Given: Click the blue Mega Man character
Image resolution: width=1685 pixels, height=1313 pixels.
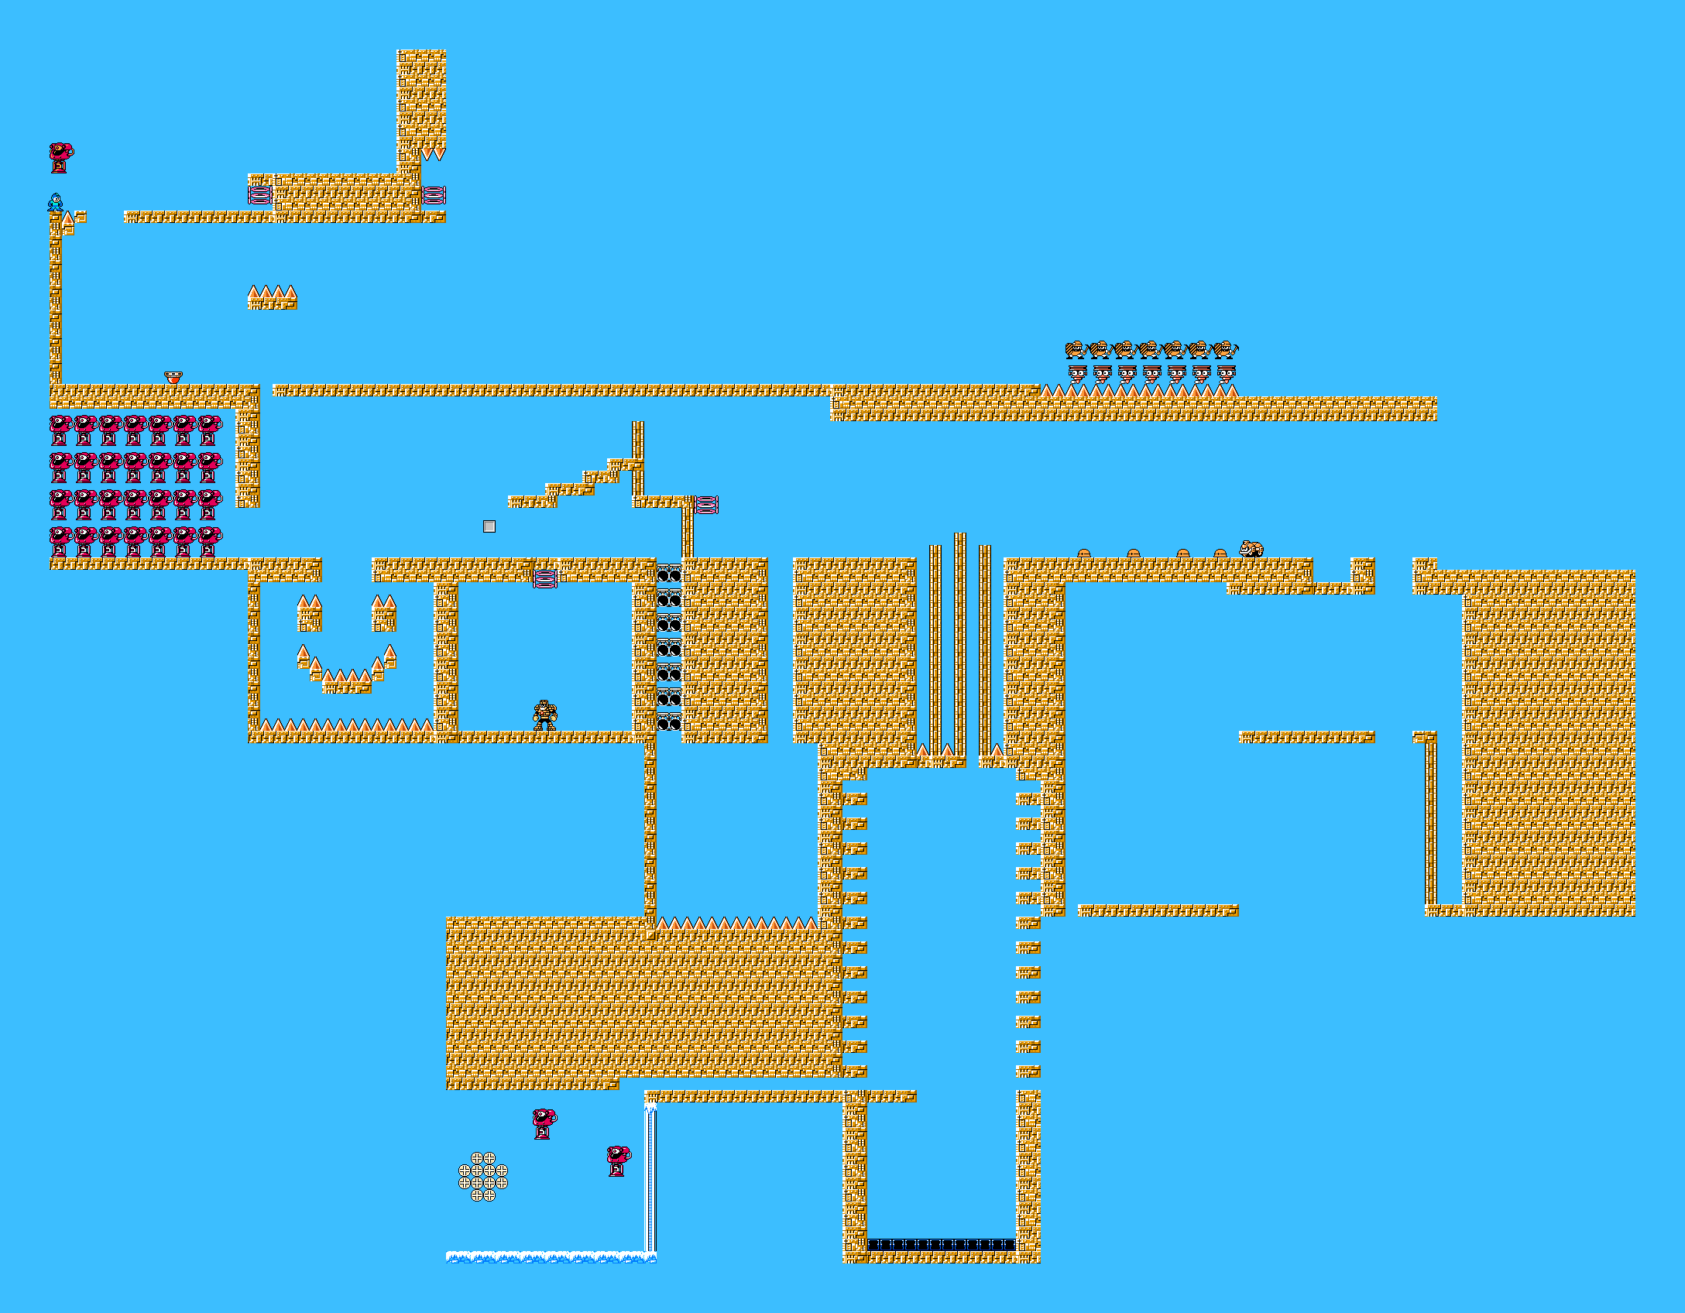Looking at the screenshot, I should (55, 203).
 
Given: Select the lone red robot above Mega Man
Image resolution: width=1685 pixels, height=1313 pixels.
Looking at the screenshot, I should (60, 157).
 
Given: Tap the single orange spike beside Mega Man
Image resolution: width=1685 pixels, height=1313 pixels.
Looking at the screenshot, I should (68, 218).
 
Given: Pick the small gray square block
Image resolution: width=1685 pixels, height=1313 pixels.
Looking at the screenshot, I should (489, 526).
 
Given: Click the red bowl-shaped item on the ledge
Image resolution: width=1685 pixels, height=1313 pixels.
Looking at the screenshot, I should (173, 378).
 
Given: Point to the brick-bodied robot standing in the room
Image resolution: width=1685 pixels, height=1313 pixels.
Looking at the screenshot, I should (545, 715).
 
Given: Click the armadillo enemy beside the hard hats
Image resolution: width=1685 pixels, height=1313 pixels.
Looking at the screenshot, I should (1251, 549).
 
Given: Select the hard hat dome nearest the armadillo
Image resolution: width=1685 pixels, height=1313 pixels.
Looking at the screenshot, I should (1220, 553).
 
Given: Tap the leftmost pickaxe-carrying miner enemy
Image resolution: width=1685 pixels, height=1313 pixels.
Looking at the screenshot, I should (1076, 350).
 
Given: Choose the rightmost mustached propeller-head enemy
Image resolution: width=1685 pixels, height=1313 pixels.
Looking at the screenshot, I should (1226, 375).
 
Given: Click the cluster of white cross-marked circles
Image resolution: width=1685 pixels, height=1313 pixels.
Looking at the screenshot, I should (483, 1176).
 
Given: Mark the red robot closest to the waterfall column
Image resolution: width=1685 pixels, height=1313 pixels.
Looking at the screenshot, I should (618, 1161).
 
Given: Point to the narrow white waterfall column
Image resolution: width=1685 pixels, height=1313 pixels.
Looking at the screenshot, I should (650, 1180).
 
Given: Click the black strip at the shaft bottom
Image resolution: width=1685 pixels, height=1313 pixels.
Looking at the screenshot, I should (941, 1245).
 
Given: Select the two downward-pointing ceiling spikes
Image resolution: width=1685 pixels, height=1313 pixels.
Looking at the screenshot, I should (434, 155).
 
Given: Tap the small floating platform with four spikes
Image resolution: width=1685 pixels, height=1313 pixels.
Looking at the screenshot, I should (272, 297).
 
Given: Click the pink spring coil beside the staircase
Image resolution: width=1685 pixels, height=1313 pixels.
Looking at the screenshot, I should (706, 505).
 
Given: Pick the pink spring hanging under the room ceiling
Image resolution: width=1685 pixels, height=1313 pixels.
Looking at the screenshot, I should (545, 578).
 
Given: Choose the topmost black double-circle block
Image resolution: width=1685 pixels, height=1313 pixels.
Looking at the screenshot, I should (668, 574).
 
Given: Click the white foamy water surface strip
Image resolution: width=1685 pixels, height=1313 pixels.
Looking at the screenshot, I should (550, 1256).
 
